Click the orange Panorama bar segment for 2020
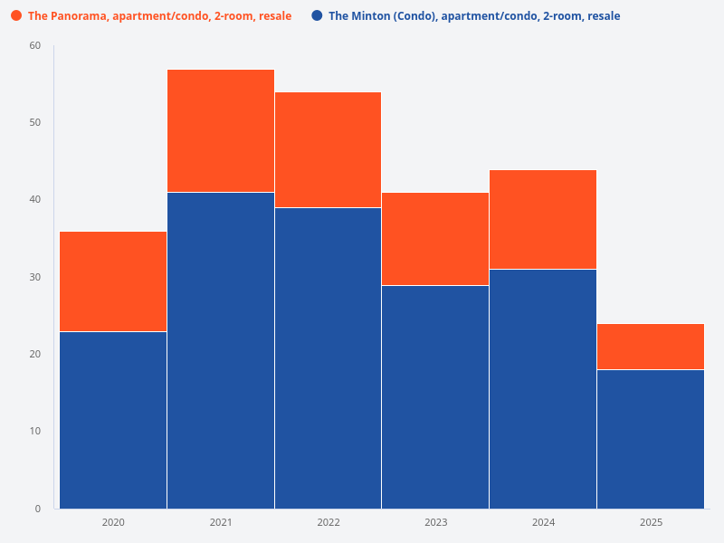click(113, 281)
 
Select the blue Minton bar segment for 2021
click(221, 350)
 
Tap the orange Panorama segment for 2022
click(328, 150)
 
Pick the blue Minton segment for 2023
click(435, 396)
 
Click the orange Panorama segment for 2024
click(543, 220)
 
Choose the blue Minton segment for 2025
click(651, 439)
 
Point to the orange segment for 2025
click(651, 347)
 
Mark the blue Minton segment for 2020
click(113, 420)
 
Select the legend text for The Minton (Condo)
click(474, 16)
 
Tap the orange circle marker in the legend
click(16, 16)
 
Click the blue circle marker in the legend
click(317, 16)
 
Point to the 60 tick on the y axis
click(35, 45)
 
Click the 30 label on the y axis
click(35, 277)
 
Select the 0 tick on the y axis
click(38, 509)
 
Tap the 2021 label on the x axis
click(221, 522)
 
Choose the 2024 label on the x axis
click(543, 522)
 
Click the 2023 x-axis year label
click(435, 522)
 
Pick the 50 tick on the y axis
click(35, 122)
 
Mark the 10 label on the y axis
click(35, 431)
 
